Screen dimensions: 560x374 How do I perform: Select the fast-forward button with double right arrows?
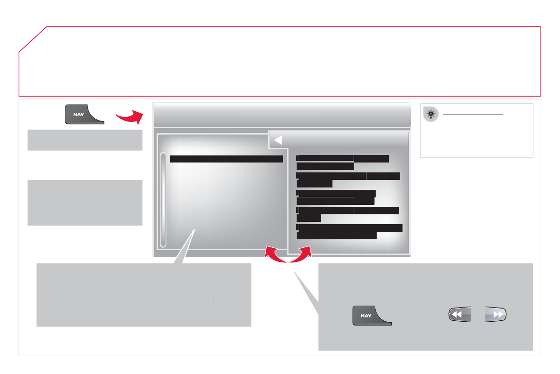coord(495,315)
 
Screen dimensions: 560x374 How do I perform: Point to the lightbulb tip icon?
coord(430,114)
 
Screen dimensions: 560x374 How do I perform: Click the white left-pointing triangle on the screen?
coord(277,140)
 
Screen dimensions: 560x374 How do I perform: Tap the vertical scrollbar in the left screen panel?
coord(163,199)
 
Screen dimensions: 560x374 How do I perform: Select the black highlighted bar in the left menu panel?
coord(226,159)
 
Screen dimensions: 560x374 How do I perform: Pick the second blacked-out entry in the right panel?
coord(347,179)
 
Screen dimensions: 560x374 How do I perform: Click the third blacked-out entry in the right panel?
coord(336,197)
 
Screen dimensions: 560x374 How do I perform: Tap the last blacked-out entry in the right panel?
coord(349,231)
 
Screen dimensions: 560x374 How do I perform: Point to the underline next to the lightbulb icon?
coord(473,114)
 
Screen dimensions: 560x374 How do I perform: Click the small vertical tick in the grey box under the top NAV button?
coord(83,140)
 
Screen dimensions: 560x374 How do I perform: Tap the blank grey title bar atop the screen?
coord(282,114)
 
